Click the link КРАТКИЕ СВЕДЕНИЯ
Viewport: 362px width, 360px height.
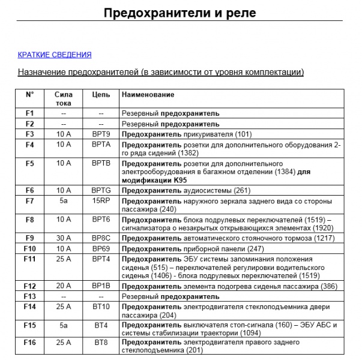click(55, 55)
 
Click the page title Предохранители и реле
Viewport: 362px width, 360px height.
click(180, 13)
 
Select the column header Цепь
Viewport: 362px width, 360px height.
click(101, 95)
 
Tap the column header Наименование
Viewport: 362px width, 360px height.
click(148, 95)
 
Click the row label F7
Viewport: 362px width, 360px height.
click(30, 200)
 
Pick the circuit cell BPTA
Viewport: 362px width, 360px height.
click(101, 145)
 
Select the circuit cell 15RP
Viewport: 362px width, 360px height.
click(101, 200)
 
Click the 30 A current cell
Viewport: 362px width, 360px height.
click(64, 238)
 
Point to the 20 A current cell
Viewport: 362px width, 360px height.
click(64, 286)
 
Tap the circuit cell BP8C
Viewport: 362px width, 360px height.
click(101, 238)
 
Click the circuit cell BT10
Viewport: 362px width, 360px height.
click(101, 307)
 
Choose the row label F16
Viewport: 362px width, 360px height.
click(30, 343)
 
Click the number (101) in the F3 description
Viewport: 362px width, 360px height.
click(246, 134)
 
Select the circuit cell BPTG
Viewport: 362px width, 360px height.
click(101, 190)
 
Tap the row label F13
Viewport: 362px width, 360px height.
click(30, 296)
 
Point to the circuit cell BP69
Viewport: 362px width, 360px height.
click(101, 248)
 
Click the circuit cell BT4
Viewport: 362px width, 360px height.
click(101, 325)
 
